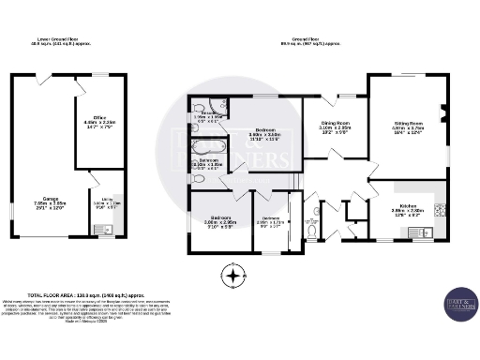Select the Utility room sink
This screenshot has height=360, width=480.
(x=109, y=229)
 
